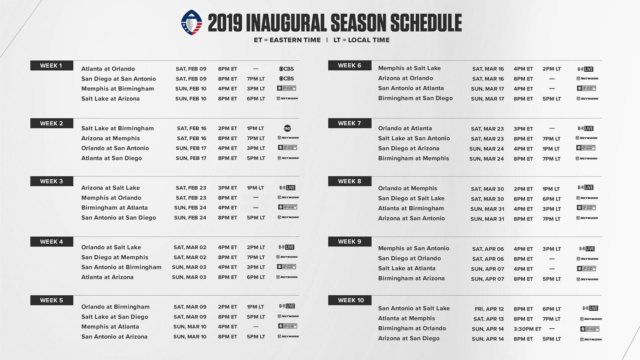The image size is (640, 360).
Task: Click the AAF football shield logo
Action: coord(192,22)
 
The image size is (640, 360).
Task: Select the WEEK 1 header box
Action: coord(51,66)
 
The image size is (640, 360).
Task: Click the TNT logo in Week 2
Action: coord(287,128)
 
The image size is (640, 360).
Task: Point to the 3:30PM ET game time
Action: coord(527,329)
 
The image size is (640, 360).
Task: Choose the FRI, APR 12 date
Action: coord(489,309)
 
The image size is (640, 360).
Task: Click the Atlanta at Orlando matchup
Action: coord(108,69)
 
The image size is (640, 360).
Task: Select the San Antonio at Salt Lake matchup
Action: coord(414,308)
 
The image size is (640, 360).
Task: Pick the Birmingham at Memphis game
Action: coord(413,158)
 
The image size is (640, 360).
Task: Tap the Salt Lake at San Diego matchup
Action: coord(114,317)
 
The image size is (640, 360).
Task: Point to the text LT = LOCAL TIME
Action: coord(361,40)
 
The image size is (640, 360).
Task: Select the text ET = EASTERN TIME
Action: coord(287,40)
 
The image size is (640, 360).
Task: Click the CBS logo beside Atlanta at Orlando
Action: coord(286,69)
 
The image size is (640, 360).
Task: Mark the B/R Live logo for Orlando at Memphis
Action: coord(585,188)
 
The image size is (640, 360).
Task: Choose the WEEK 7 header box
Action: coord(349,123)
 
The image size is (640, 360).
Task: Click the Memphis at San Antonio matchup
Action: coord(413,248)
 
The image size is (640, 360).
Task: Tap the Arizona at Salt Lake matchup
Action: coord(110,188)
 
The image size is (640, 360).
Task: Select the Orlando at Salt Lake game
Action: coord(111,248)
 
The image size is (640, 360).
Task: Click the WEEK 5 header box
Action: coord(51,300)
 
